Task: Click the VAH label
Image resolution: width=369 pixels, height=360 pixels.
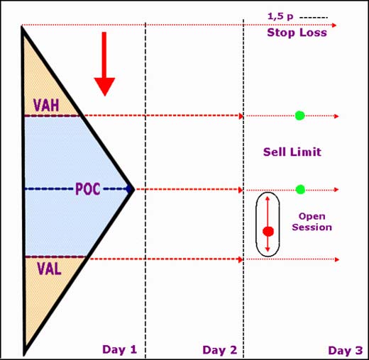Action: pos(46,105)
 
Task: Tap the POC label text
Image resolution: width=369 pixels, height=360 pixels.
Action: pos(88,189)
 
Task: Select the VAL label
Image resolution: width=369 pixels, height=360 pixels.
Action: pos(49,269)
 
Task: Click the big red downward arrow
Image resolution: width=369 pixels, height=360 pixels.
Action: pos(104,64)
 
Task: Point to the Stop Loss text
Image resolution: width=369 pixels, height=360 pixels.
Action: pos(297,33)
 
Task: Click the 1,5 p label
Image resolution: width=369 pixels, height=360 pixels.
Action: pos(280,16)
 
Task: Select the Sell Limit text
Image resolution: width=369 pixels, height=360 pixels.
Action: pos(292,152)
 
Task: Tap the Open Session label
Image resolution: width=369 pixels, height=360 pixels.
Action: pos(312,222)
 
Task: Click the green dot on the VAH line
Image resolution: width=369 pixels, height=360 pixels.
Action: pos(299,116)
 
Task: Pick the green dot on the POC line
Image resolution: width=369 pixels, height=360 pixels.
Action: pos(300,189)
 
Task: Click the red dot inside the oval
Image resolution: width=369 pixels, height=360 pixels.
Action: pos(268,232)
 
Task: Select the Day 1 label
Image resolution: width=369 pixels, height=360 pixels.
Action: pos(119,349)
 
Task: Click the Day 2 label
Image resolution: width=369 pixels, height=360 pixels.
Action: pos(220,350)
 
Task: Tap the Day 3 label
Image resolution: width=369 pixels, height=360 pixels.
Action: pos(346,350)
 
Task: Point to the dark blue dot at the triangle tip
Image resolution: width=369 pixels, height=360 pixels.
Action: pos(128,189)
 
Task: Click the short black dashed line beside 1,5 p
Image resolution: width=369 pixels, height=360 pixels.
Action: pos(314,18)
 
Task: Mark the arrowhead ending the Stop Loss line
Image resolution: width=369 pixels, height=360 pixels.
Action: pos(334,26)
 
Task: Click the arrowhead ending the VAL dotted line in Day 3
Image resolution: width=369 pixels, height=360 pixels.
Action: pos(337,259)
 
